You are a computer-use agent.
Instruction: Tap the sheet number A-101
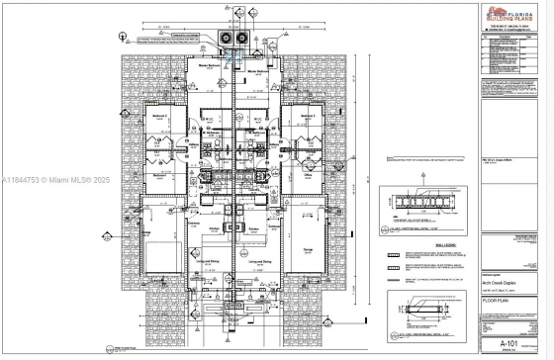[x=500, y=343]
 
